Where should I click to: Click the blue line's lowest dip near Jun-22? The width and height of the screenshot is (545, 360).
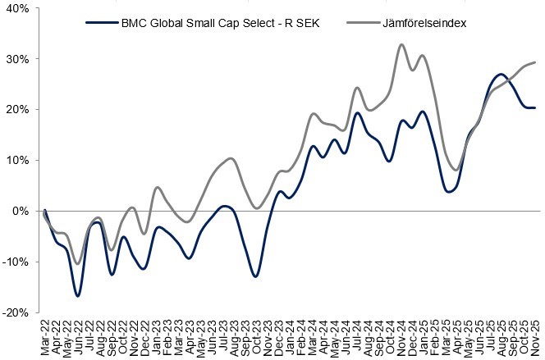78,295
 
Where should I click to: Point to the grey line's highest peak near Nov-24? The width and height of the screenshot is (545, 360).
401,44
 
